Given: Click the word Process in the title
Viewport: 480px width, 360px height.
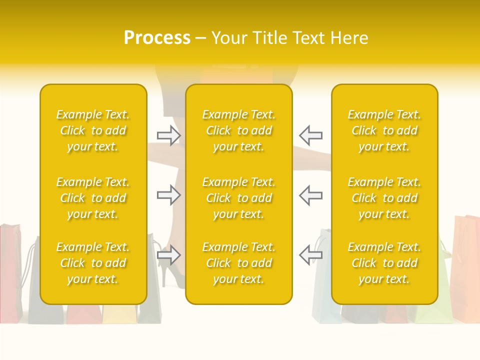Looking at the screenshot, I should click(157, 38).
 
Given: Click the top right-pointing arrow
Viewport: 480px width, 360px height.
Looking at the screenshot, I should click(168, 135).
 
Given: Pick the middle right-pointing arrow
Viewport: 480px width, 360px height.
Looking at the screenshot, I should click(168, 195).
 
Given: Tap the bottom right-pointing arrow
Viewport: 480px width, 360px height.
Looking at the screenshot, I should click(168, 255).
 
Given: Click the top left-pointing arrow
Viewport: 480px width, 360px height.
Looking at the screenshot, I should click(310, 135).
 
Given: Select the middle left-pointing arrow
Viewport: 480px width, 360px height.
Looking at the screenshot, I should click(310, 195).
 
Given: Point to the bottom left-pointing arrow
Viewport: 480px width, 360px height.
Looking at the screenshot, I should click(310, 255).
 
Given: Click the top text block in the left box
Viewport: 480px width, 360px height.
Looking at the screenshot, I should click(93, 130).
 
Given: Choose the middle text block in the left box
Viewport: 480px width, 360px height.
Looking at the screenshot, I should click(93, 198).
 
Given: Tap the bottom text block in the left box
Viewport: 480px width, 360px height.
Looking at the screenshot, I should click(93, 263).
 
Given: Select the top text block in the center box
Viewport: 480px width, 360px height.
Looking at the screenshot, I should click(238, 130).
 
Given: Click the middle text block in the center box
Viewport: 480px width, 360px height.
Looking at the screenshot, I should click(238, 198).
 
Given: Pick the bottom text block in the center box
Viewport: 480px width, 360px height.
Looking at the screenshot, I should click(238, 263).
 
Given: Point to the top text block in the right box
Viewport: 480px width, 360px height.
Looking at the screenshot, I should click(384, 130).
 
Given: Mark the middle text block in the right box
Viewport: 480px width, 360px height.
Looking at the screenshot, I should click(384, 198).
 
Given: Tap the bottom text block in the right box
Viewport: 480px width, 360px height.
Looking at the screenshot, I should click(384, 263).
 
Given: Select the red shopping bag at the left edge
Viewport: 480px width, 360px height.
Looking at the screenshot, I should click(10, 270).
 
